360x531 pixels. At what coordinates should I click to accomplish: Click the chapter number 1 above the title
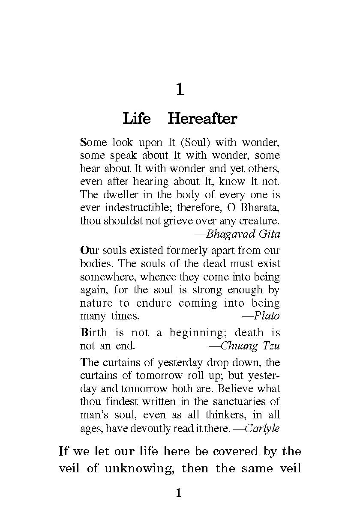point(180,89)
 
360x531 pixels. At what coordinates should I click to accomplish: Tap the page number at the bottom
point(179,493)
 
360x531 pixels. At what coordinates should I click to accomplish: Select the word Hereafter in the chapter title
point(202,118)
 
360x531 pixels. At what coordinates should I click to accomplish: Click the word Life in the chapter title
point(136,118)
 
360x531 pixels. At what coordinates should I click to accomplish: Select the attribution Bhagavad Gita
point(243,234)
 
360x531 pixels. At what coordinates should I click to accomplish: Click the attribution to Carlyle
point(262,428)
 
